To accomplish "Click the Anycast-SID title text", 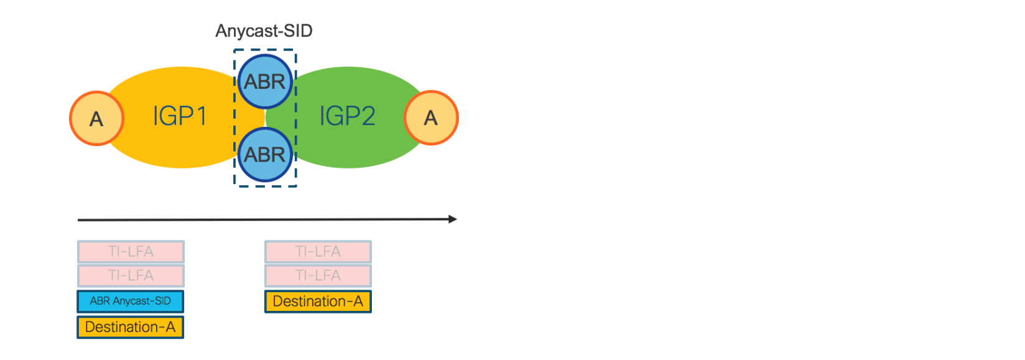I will [264, 31].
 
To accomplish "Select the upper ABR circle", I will [265, 81].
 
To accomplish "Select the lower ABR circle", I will [265, 154].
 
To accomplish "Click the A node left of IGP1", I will [96, 118].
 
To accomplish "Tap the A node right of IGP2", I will [431, 118].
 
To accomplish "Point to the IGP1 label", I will [179, 116].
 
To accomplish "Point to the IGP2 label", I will [347, 116].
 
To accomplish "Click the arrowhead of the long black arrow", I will [453, 219].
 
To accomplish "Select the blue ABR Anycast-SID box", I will [131, 302].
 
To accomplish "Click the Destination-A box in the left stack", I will [131, 327].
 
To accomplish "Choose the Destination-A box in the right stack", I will [318, 302].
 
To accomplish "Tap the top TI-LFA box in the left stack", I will [131, 252].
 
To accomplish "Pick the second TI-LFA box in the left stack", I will [131, 275].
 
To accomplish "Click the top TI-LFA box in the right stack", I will [318, 252].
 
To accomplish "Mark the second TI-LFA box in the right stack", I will [318, 275].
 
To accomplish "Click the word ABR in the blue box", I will [100, 302].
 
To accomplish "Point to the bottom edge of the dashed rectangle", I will [265, 185].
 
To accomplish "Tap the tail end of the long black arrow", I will [80, 219].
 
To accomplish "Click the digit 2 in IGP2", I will [366, 116].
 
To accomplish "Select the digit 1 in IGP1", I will [201, 116].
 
